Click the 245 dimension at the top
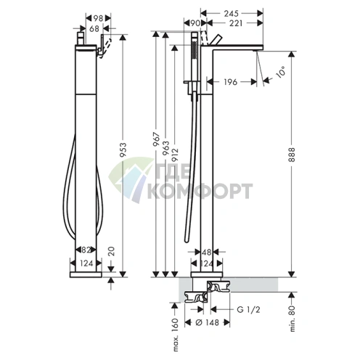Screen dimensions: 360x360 tap(231, 13)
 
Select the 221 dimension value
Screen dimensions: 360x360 tap(235, 23)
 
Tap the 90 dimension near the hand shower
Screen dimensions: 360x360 tap(195, 23)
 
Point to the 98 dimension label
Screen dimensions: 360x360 tap(98, 18)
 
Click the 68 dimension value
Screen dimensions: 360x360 tap(94, 29)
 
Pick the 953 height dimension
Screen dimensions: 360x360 tap(123, 150)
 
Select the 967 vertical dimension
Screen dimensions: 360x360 tap(157, 140)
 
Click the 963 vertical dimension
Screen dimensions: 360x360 tap(166, 148)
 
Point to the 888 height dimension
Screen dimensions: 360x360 tap(292, 155)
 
